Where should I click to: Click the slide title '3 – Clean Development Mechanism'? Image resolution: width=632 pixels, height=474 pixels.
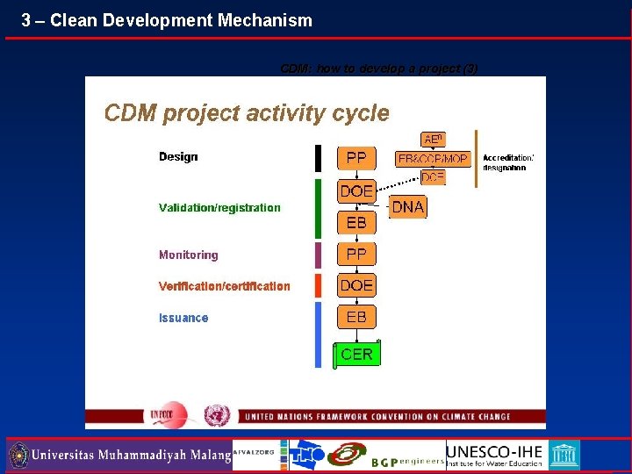tap(167, 19)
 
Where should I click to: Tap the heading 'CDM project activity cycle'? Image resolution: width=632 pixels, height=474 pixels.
tap(247, 112)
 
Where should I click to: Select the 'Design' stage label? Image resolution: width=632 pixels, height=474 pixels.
tap(178, 157)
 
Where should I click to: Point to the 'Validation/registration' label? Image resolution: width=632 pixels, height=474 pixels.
tap(219, 208)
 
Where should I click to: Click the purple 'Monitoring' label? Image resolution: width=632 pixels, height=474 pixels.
tap(188, 255)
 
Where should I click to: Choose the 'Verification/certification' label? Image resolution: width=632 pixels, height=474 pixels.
tap(224, 286)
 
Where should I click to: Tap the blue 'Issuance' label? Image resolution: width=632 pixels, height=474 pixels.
tap(183, 318)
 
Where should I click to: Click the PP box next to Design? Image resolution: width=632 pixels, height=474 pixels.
tap(356, 158)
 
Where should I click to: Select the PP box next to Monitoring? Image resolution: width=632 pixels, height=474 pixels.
tap(356, 255)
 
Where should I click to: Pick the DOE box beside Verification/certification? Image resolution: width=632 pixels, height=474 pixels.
tap(356, 285)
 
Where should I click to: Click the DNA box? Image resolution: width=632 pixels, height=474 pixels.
tap(407, 207)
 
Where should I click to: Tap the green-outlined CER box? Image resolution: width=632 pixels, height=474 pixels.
tap(356, 354)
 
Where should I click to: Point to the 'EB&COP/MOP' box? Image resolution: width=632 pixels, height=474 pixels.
tap(433, 159)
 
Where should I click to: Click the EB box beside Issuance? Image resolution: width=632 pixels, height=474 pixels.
tap(356, 316)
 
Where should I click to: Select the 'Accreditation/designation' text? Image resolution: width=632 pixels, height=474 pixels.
tap(508, 162)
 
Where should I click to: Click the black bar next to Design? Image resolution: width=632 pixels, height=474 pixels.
tap(319, 158)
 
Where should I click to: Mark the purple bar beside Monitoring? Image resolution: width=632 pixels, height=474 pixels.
tap(319, 255)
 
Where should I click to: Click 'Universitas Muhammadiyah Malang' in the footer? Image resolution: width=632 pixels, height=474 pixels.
tap(131, 456)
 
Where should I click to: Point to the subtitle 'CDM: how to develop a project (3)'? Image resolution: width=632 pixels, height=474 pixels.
tap(379, 68)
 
